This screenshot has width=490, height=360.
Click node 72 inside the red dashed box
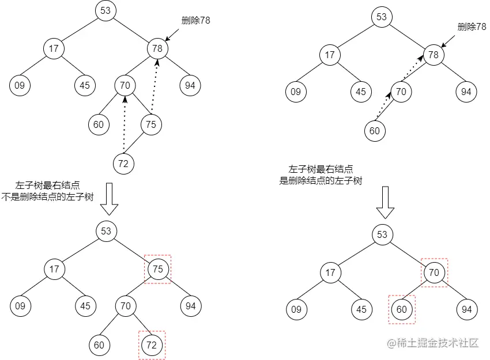point(152,345)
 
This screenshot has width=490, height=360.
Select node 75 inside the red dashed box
point(158,269)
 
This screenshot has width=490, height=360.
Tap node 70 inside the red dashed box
point(434,272)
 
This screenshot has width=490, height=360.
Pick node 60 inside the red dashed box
point(401,310)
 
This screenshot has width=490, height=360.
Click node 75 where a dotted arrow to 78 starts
point(151,124)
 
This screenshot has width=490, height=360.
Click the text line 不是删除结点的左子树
point(48,197)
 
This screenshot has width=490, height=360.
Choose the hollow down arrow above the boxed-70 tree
point(385,204)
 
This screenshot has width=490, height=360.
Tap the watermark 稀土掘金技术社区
point(434,343)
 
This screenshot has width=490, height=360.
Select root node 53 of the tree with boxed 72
point(106,231)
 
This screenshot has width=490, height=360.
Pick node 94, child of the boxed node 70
point(467,310)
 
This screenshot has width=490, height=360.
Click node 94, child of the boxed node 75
point(191,306)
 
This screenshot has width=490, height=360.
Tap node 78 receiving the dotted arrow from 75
point(157,48)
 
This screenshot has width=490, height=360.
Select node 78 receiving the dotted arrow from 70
point(434,55)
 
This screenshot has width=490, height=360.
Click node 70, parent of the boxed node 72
point(126,306)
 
